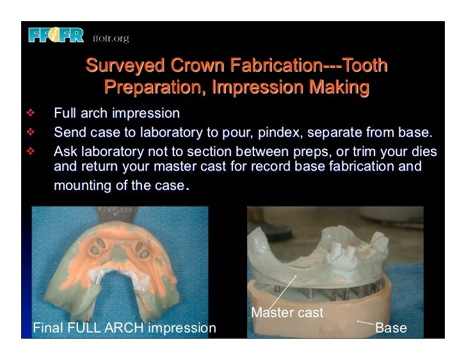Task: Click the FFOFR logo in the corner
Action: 56,36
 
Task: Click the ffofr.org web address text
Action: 111,38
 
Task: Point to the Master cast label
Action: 287,313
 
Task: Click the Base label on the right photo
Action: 390,329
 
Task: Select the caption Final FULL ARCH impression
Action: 124,329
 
